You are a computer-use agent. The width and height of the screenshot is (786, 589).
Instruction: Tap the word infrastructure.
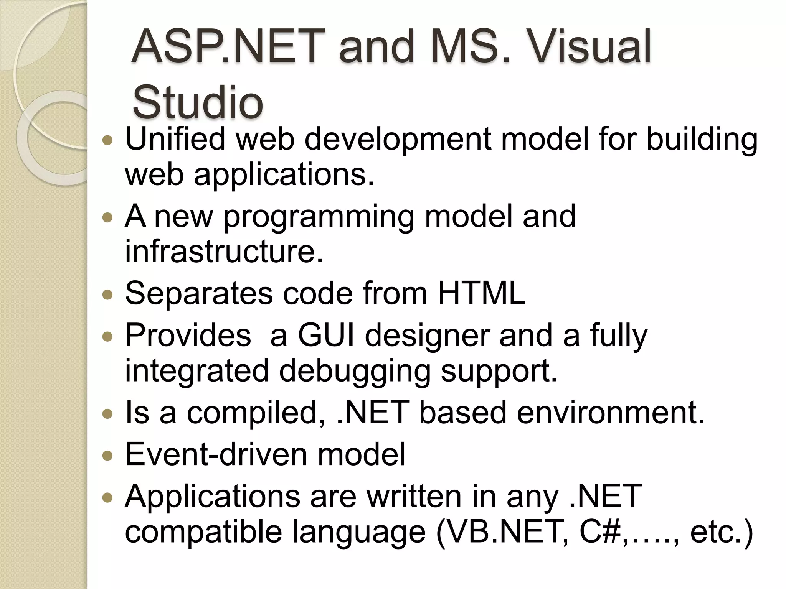pyautogui.click(x=224, y=252)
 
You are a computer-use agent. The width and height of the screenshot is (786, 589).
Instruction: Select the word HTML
pyautogui.click(x=481, y=293)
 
